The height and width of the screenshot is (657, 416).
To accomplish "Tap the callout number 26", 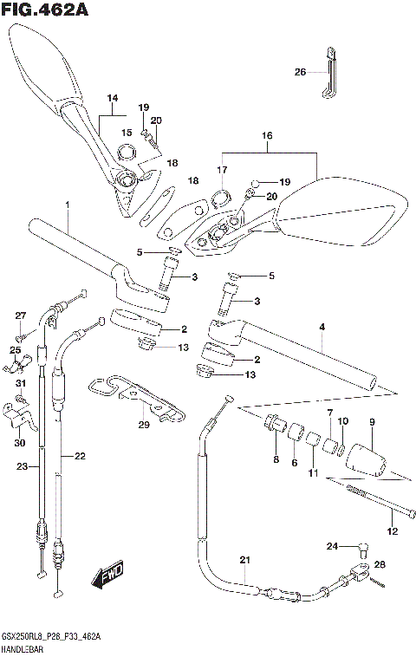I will [x=300, y=72].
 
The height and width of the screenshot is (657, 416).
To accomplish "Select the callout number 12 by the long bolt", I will [x=393, y=530].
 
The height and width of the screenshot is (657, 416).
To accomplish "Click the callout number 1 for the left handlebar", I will [x=66, y=205].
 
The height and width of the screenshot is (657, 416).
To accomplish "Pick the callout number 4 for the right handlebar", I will [x=322, y=327].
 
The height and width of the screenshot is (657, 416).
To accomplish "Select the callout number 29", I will [x=144, y=424].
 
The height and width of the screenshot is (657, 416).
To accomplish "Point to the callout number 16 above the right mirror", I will [x=266, y=135].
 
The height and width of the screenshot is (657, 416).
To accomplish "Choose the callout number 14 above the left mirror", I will [x=111, y=98].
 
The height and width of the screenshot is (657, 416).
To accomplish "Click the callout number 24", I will [x=332, y=545].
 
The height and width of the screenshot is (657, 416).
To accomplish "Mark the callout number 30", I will [x=19, y=442].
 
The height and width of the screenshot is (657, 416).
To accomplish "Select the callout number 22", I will [x=80, y=456].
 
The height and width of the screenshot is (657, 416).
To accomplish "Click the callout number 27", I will [x=21, y=315].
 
